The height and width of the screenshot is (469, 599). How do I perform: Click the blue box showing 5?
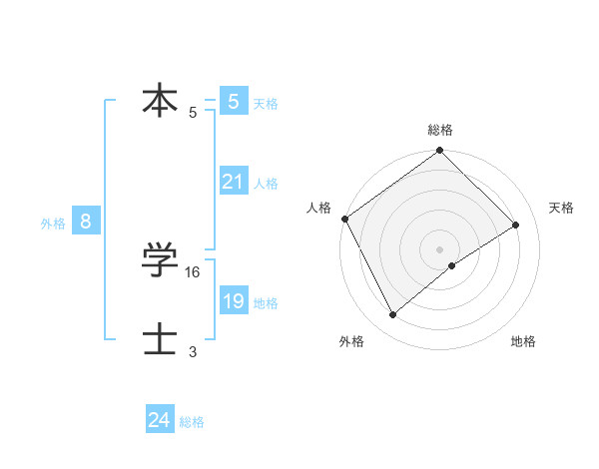tap(234, 101)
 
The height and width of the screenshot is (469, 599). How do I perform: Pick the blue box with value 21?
tap(234, 182)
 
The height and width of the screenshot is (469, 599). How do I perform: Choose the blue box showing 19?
tap(234, 301)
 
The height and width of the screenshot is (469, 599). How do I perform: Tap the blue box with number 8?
tap(86, 222)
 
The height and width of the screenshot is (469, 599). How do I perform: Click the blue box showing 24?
tap(160, 420)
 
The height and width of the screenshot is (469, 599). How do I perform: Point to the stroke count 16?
tap(194, 271)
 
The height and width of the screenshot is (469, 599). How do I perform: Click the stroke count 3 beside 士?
tap(193, 351)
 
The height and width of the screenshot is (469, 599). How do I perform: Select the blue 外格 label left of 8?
tap(53, 224)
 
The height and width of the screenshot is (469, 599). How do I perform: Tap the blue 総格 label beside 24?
tap(192, 422)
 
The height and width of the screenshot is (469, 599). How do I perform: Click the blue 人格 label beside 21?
tap(266, 184)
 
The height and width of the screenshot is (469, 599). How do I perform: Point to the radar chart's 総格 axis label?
tap(440, 130)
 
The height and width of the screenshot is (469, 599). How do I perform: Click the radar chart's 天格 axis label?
tap(561, 208)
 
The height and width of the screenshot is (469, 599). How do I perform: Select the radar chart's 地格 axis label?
tap(523, 342)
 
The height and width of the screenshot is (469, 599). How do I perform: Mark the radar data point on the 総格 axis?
tap(440, 151)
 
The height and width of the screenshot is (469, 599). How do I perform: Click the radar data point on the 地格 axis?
tap(452, 265)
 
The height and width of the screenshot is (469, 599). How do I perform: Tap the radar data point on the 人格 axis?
tap(344, 219)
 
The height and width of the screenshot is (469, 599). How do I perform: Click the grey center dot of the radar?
tap(440, 248)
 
